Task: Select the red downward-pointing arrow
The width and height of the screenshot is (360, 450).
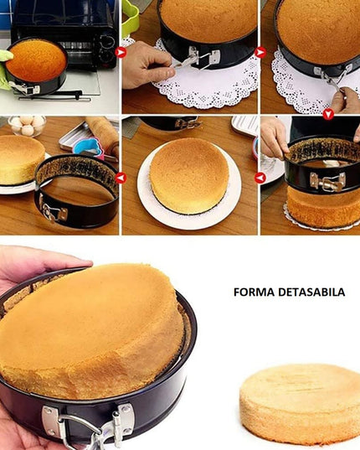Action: (327, 114)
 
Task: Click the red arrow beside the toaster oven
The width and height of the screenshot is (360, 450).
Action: (121, 52)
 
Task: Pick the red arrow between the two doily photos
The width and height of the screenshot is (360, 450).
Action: (260, 52)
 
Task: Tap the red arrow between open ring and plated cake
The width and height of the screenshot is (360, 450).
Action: (121, 177)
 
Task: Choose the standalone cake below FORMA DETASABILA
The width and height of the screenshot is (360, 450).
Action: (300, 403)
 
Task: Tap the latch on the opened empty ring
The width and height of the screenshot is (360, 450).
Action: (53, 212)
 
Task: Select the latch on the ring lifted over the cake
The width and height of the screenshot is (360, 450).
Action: (327, 181)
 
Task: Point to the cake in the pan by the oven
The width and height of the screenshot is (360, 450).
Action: (36, 60)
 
